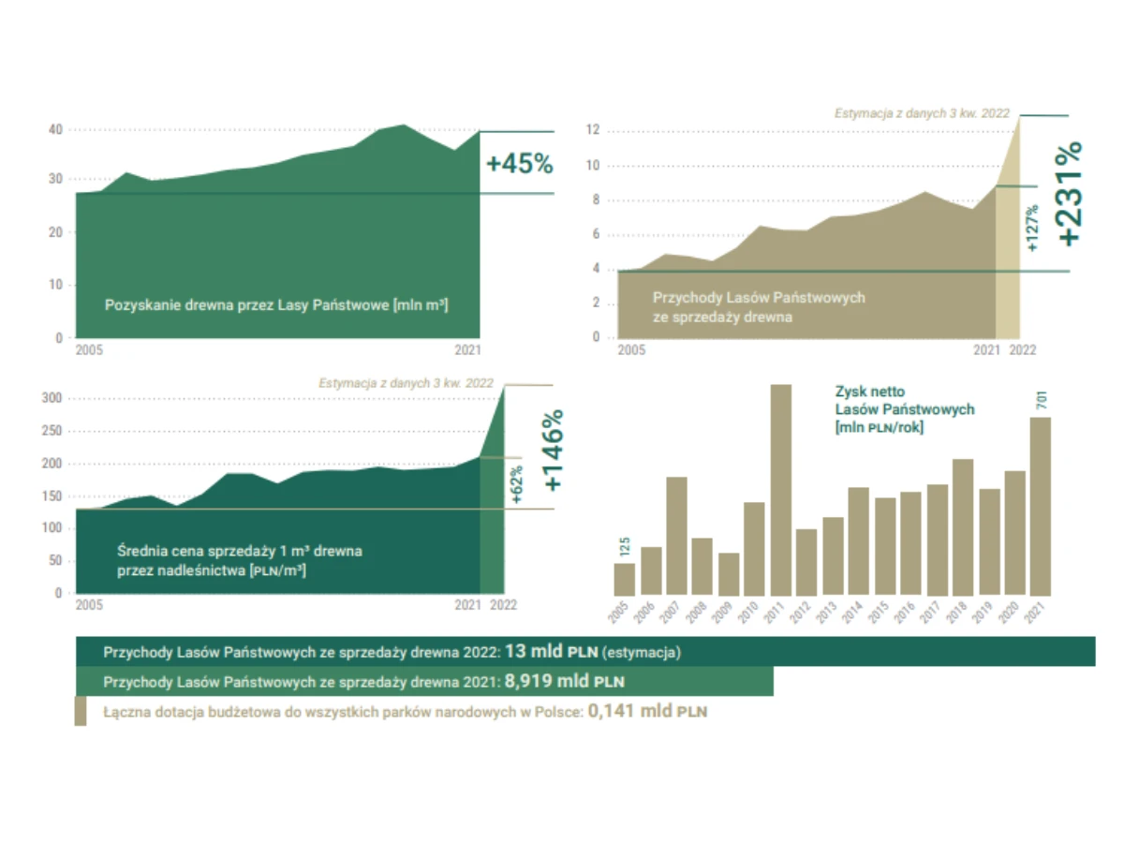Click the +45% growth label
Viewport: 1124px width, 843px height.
519,164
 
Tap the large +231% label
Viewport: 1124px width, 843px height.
1068,193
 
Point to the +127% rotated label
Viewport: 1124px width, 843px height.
1032,229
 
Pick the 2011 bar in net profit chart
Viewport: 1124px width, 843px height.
780,490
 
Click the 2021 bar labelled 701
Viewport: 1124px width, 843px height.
1040,506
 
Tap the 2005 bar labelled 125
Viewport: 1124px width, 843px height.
624,579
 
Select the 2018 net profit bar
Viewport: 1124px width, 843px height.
962,526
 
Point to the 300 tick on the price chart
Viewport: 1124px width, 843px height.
52,399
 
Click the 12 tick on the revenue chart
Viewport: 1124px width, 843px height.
592,131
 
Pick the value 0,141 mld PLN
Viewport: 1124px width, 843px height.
647,711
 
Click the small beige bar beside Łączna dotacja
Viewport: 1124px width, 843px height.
81,711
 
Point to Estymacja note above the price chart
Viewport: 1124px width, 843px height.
406,383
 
